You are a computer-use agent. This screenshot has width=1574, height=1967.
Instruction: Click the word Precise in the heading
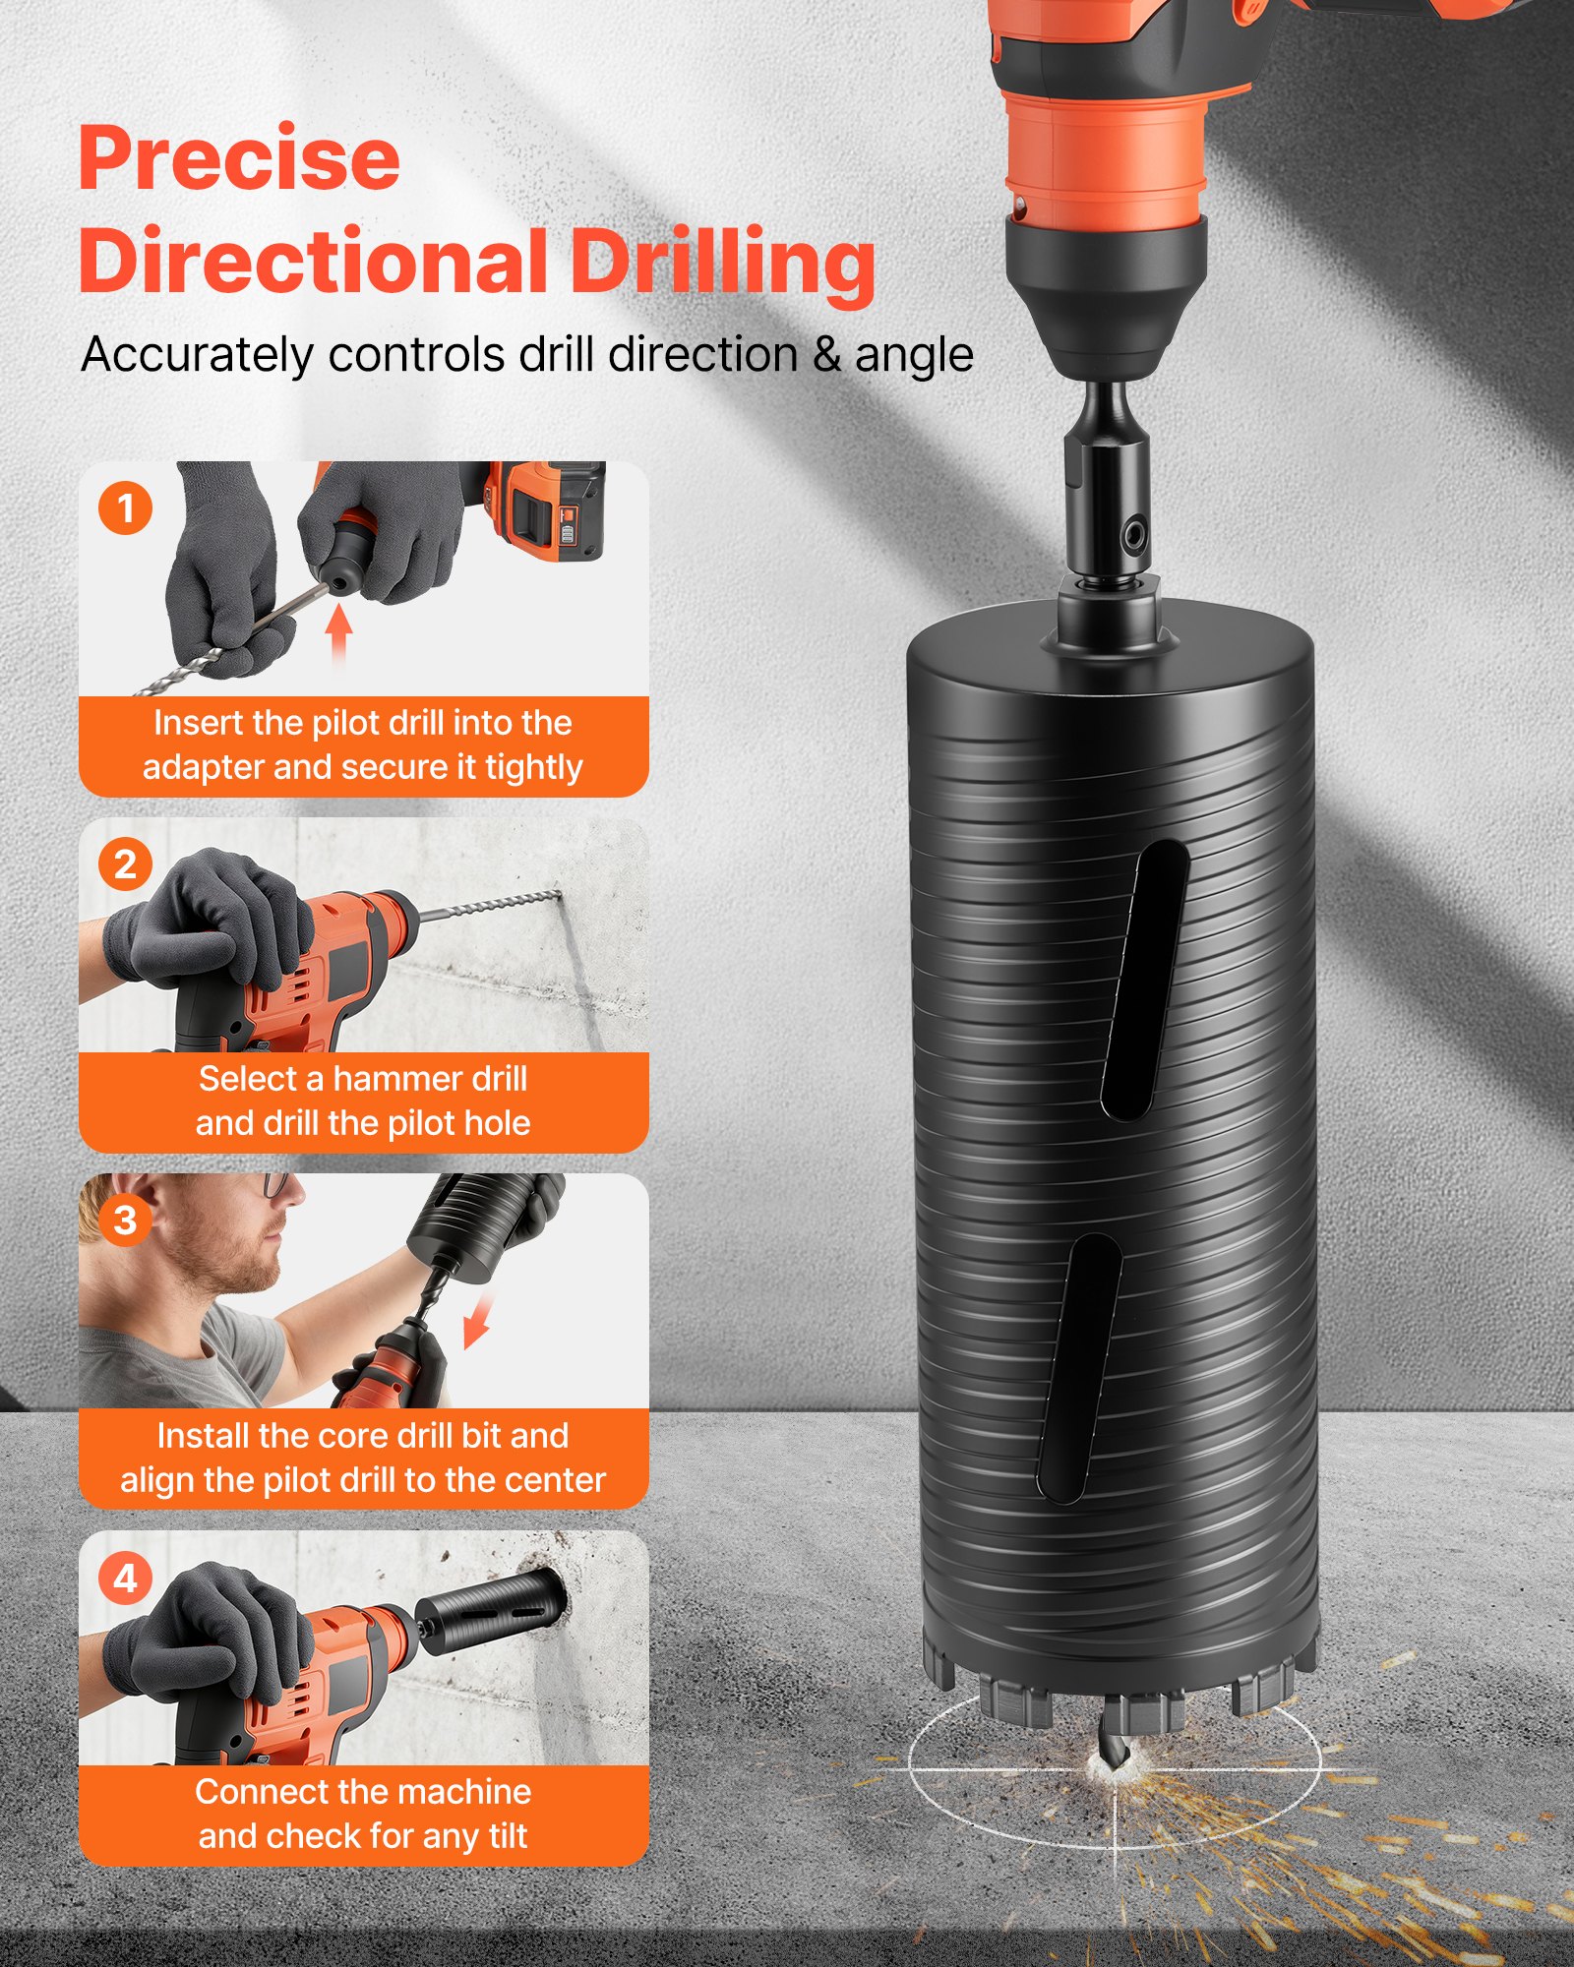[239, 158]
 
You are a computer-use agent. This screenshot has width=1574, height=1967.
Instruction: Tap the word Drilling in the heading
[723, 263]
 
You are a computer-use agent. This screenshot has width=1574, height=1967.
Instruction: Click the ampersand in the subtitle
[826, 355]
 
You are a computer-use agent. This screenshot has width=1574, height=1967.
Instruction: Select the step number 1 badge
[125, 508]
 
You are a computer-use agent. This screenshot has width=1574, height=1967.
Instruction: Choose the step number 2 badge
[125, 864]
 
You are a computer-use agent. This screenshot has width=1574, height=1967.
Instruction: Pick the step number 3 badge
[125, 1221]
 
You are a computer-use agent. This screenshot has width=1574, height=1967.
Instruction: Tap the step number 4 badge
[125, 1579]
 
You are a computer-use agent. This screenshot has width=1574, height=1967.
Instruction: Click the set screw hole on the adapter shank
[1134, 536]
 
